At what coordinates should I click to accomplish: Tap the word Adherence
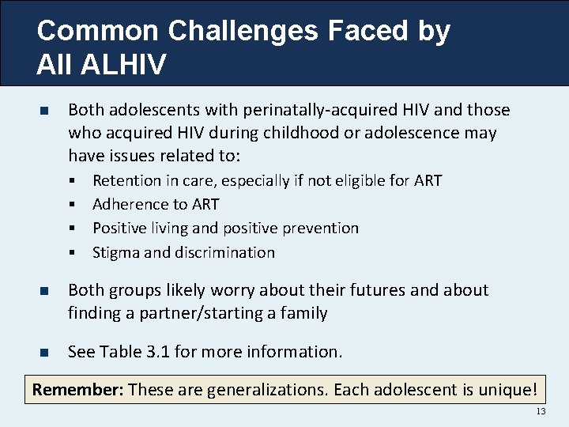[x=130, y=205]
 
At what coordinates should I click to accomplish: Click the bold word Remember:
[x=77, y=390]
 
